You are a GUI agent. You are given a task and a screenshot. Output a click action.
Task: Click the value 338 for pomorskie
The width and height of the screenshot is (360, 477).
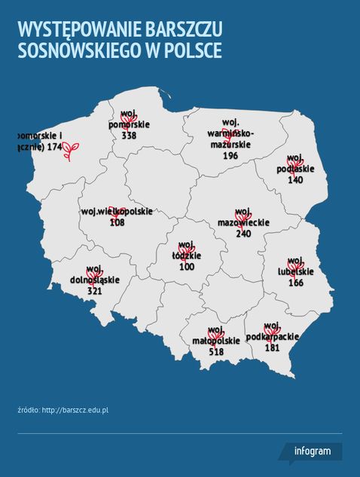tap(129, 136)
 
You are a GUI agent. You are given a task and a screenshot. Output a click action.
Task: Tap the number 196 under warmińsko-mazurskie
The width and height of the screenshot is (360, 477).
tap(230, 155)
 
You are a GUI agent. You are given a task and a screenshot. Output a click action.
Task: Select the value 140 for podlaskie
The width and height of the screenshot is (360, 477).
tap(294, 180)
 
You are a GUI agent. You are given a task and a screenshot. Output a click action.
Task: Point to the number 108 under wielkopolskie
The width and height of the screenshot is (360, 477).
tap(117, 222)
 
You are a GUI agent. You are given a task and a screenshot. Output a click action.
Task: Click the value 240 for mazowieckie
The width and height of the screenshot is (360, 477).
tap(243, 234)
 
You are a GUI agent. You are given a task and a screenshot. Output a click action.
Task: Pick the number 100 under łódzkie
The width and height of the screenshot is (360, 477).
tap(187, 267)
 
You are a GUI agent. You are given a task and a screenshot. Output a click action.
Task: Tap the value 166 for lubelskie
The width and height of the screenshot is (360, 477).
tap(295, 283)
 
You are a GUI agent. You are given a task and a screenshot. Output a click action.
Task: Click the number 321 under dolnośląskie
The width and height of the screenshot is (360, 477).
tap(94, 291)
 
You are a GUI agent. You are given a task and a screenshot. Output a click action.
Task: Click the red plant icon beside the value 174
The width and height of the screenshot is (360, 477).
tap(72, 152)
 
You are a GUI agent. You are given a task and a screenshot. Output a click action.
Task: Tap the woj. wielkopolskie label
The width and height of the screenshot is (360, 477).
tap(116, 212)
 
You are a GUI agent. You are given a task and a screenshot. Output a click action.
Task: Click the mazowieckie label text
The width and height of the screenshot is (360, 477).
tap(243, 223)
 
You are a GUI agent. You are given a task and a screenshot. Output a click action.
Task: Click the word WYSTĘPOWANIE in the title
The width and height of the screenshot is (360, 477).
tap(78, 30)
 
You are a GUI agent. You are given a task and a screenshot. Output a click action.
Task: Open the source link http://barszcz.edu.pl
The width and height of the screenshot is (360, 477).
tap(76, 410)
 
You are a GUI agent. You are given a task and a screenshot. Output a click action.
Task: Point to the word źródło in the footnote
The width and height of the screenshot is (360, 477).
tap(28, 410)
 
